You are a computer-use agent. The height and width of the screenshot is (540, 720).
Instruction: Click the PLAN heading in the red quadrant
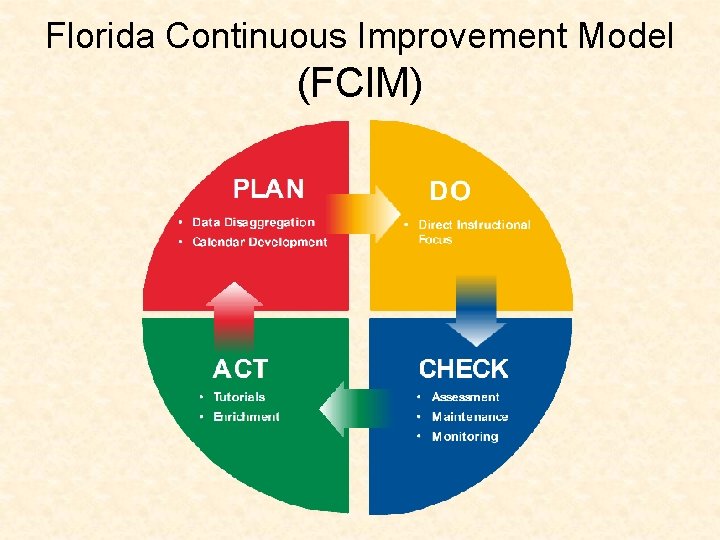click(268, 189)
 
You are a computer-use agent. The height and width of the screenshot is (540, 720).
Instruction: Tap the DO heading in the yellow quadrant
click(450, 191)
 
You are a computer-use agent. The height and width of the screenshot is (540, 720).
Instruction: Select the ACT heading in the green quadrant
click(240, 369)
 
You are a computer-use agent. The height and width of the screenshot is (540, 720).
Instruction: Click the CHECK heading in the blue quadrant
click(463, 369)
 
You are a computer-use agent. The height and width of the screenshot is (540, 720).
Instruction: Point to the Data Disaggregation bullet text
click(253, 222)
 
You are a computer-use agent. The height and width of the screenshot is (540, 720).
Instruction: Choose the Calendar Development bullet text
click(259, 242)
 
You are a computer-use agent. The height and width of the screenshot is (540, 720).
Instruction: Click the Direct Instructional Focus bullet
click(473, 232)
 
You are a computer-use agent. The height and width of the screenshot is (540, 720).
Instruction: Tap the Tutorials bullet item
click(239, 397)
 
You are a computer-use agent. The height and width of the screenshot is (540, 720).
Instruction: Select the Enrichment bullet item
click(246, 416)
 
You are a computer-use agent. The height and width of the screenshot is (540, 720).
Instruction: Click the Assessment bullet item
click(465, 397)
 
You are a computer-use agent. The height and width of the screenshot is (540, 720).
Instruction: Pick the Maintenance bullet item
click(469, 416)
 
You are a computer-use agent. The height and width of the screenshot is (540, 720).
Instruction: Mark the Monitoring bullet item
click(464, 436)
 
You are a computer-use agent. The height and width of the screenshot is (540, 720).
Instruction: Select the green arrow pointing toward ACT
click(354, 408)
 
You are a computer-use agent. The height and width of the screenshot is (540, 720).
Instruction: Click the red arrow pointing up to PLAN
click(233, 314)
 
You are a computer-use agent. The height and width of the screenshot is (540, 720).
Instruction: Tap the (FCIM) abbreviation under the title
click(359, 83)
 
